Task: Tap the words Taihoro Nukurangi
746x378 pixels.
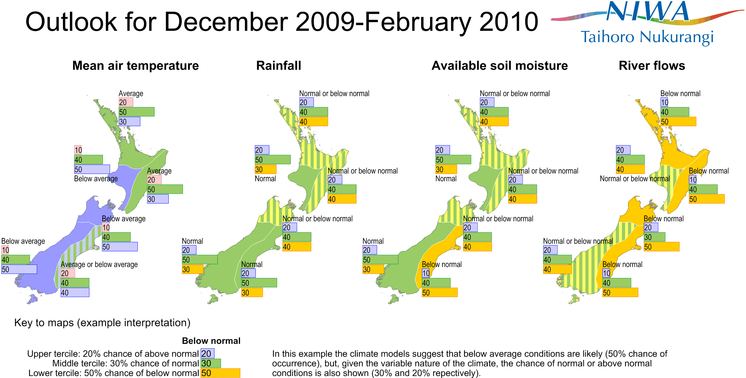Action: [647, 37]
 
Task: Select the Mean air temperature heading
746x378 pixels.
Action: [136, 66]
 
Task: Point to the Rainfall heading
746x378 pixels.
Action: [278, 66]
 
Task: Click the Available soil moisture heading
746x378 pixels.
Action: [499, 66]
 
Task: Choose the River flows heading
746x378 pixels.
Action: [652, 66]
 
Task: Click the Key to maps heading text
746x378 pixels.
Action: [102, 322]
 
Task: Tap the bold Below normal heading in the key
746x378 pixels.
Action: [211, 341]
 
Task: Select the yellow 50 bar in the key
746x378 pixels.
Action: [220, 373]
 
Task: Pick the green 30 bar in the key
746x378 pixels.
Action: [211, 363]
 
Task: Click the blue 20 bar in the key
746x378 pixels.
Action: [207, 353]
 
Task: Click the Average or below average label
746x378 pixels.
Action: [99, 264]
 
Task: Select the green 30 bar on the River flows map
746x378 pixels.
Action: [654, 237]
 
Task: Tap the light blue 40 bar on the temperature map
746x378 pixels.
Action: [75, 292]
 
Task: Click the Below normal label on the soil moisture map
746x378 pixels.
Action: [441, 264]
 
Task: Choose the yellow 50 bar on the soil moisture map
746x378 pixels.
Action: [439, 292]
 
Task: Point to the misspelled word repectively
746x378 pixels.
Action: [455, 373]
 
